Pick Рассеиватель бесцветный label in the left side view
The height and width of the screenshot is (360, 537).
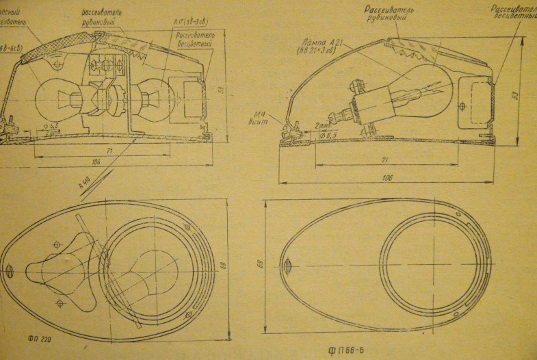[194, 39]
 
